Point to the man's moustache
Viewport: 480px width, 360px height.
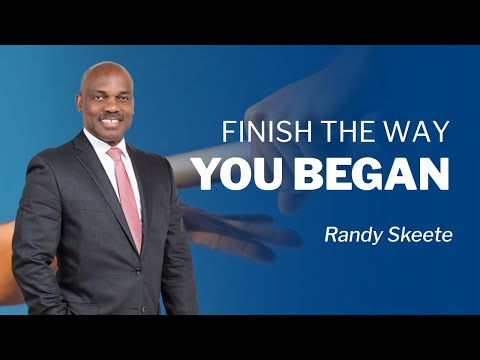point(112,113)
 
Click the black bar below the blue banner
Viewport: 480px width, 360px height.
point(240,337)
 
